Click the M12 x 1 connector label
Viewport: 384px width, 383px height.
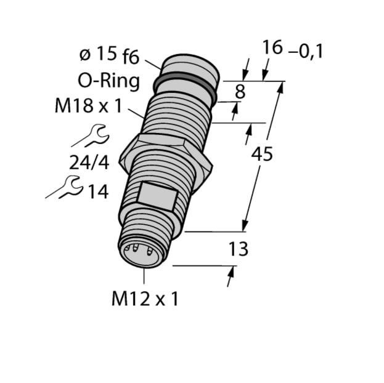click(x=145, y=299)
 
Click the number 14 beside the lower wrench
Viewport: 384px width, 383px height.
click(x=97, y=191)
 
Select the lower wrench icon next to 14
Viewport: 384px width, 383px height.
click(x=66, y=187)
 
